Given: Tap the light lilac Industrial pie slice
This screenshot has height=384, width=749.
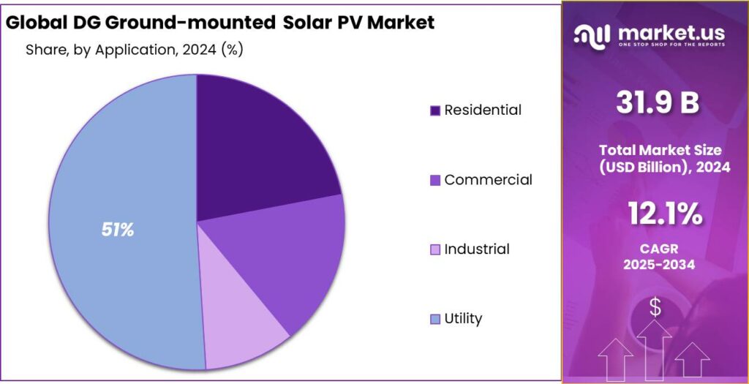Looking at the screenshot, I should [241, 322].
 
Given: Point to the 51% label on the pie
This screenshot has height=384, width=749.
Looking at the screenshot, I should [118, 230].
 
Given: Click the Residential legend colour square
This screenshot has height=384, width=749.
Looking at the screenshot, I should [434, 110].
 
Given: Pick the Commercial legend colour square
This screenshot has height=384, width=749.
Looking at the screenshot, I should [434, 180].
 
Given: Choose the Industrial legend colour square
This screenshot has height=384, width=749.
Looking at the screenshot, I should [434, 249].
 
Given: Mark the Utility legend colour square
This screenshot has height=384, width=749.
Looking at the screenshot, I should [434, 319].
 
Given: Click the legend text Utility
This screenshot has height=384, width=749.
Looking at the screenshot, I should [463, 318].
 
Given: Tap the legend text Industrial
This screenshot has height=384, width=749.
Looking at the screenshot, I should [476, 249].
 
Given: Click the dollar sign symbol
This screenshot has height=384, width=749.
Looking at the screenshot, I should [655, 308].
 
